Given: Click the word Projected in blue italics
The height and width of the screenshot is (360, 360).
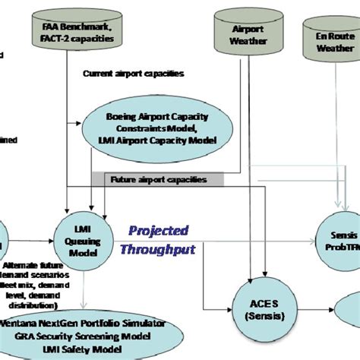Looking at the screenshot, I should coord(158,229).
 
